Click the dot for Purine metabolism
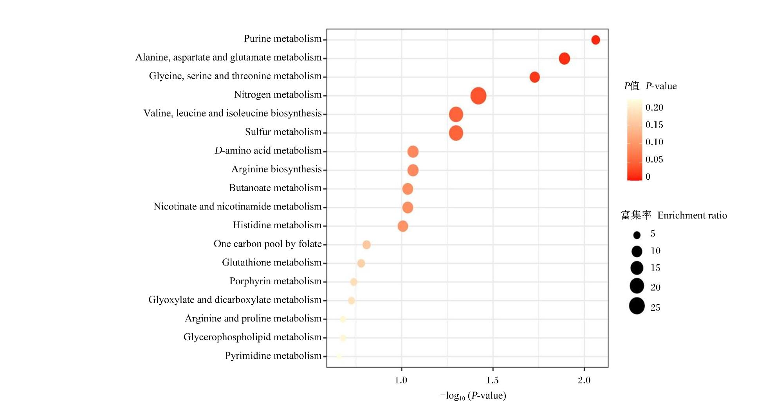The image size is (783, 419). coord(595,40)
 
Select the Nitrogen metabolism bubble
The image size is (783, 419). coord(478,96)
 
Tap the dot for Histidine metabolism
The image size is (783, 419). coord(403,226)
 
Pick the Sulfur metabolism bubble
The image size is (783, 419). coord(456,133)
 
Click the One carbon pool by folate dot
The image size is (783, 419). coord(366,245)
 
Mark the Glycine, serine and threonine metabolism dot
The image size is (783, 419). coord(535,77)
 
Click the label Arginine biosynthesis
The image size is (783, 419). coord(276,169)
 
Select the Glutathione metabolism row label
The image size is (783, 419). coord(272,262)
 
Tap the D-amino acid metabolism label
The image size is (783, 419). coord(268,151)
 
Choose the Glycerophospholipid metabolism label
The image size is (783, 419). coord(253,337)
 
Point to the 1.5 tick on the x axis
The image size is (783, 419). coord(493,380)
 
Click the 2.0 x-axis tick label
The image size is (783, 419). coord(584,380)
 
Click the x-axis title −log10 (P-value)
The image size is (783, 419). coord(473,396)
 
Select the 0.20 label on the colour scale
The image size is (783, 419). coord(655,108)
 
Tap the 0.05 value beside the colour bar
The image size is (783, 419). coord(655,159)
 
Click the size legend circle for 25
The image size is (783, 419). coord(637,306)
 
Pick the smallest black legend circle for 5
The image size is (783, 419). coord(637,235)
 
